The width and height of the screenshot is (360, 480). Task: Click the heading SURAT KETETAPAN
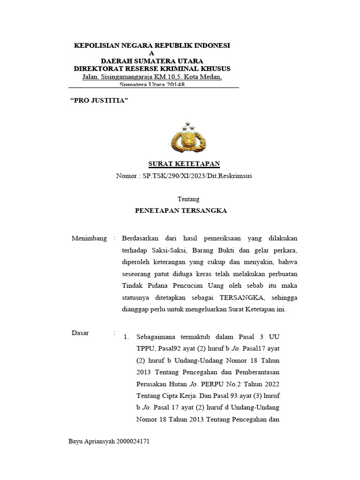184,164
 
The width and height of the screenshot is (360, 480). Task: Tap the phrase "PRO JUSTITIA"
99,101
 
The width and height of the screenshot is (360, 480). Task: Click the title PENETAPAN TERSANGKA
181,211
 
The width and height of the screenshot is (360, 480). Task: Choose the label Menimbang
89,238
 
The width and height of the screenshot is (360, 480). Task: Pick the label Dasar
80,333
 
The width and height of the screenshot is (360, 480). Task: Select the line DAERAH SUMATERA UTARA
152,61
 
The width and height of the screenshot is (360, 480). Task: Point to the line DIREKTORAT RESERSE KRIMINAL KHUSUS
152,68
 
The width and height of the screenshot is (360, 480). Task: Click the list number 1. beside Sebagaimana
126,337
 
